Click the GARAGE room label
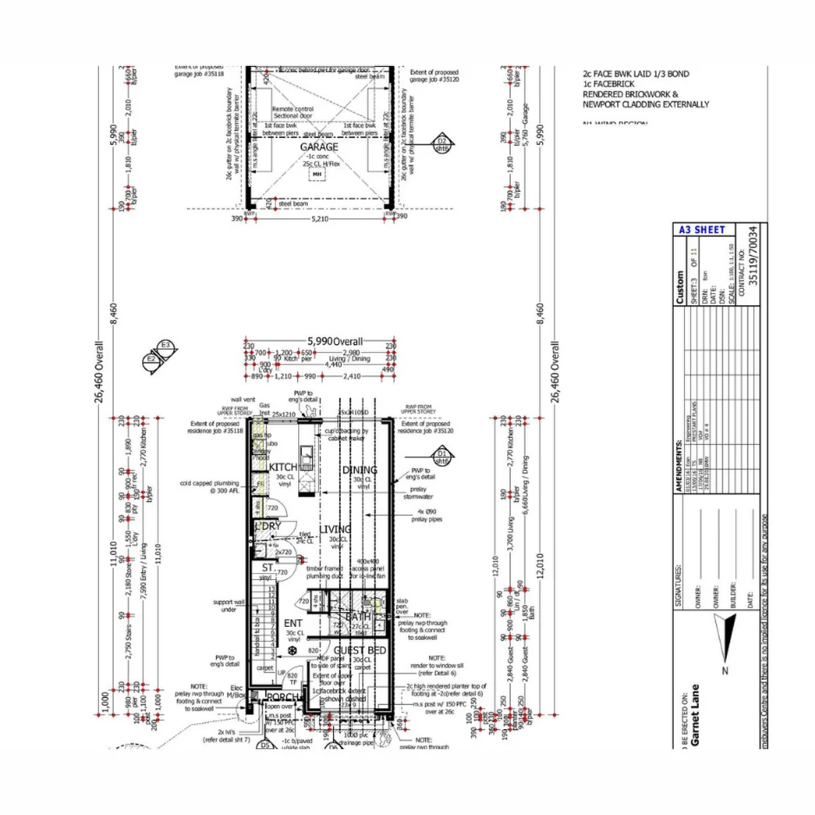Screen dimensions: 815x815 318,147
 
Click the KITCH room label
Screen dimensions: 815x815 284,468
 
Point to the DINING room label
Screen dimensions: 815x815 359,470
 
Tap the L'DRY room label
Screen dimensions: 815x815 268,526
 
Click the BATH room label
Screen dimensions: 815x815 358,617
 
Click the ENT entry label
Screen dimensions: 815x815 293,623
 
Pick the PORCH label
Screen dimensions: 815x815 281,699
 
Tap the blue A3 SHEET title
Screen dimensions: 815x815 701,229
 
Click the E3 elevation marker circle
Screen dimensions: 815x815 167,347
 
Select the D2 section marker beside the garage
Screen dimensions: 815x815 441,143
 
